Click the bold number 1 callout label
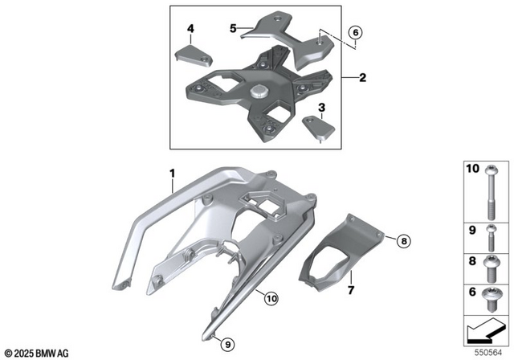click(171, 173)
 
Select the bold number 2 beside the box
click(362, 79)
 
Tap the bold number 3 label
click(322, 107)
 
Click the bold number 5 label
click(233, 27)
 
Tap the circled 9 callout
click(227, 344)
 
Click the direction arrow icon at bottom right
click(486, 329)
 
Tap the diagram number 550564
click(492, 351)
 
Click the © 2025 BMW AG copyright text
click(36, 352)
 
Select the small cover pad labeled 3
click(320, 128)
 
